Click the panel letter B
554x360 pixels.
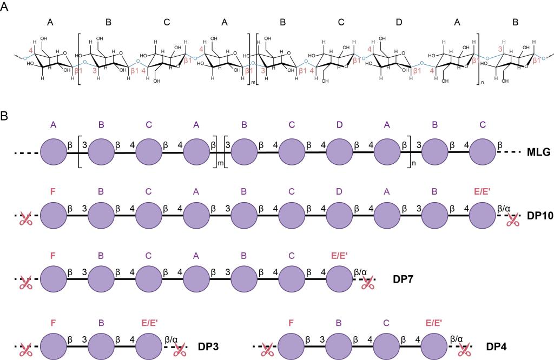coord(4,116)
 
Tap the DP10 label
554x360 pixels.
coord(540,216)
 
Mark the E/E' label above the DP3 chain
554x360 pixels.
coord(149,323)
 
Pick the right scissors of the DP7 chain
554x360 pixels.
coord(368,283)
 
